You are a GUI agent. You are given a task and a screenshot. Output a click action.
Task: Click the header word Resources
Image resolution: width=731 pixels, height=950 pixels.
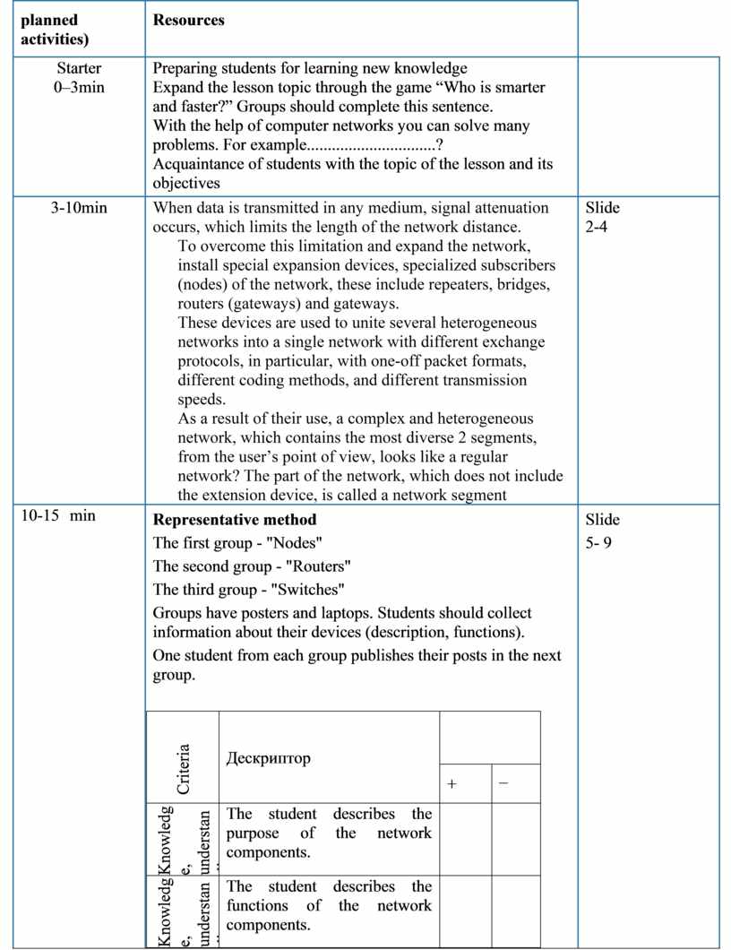tap(188, 20)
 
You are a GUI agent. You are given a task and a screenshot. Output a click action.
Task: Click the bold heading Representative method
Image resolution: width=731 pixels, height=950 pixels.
tap(235, 520)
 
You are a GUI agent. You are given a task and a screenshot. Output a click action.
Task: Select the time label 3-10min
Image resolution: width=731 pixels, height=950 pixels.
tap(79, 208)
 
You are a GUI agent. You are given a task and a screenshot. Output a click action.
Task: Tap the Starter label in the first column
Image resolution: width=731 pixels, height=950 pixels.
tap(79, 68)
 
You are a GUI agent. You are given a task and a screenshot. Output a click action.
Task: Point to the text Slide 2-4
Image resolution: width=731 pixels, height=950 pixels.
tap(602, 218)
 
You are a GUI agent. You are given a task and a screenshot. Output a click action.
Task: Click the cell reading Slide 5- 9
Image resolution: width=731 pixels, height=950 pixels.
tap(602, 531)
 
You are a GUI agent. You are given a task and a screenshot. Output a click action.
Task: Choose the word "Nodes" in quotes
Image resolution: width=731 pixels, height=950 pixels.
tap(296, 543)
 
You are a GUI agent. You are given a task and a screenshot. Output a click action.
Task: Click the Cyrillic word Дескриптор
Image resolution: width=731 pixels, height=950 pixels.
tap(269, 758)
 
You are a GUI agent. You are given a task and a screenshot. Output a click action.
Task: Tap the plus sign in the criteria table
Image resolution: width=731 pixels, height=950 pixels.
tap(452, 784)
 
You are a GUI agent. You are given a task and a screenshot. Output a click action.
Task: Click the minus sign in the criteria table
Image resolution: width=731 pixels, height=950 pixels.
tap(503, 783)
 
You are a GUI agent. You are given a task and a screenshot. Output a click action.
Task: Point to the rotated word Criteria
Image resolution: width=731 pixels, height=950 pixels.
tap(183, 769)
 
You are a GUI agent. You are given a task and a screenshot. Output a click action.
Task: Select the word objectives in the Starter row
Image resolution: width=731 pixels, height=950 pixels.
tap(186, 183)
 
